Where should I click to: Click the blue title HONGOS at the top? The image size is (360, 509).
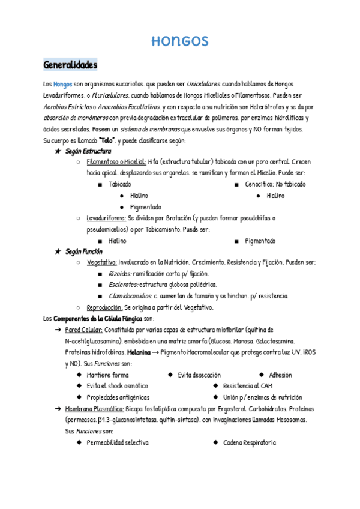179,41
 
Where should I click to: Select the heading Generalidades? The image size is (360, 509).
70,65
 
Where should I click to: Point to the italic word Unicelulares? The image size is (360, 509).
203,84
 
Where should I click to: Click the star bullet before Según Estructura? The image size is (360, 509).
58,151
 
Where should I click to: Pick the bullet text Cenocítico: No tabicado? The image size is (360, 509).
275,184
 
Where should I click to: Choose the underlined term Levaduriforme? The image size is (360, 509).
106,218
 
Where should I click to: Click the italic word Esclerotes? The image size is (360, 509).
123,285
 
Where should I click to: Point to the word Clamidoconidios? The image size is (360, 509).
130,296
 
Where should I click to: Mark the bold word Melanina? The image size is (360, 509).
139,352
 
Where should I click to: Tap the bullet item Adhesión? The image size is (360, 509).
280,375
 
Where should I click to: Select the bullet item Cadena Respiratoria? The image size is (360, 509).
249,442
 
